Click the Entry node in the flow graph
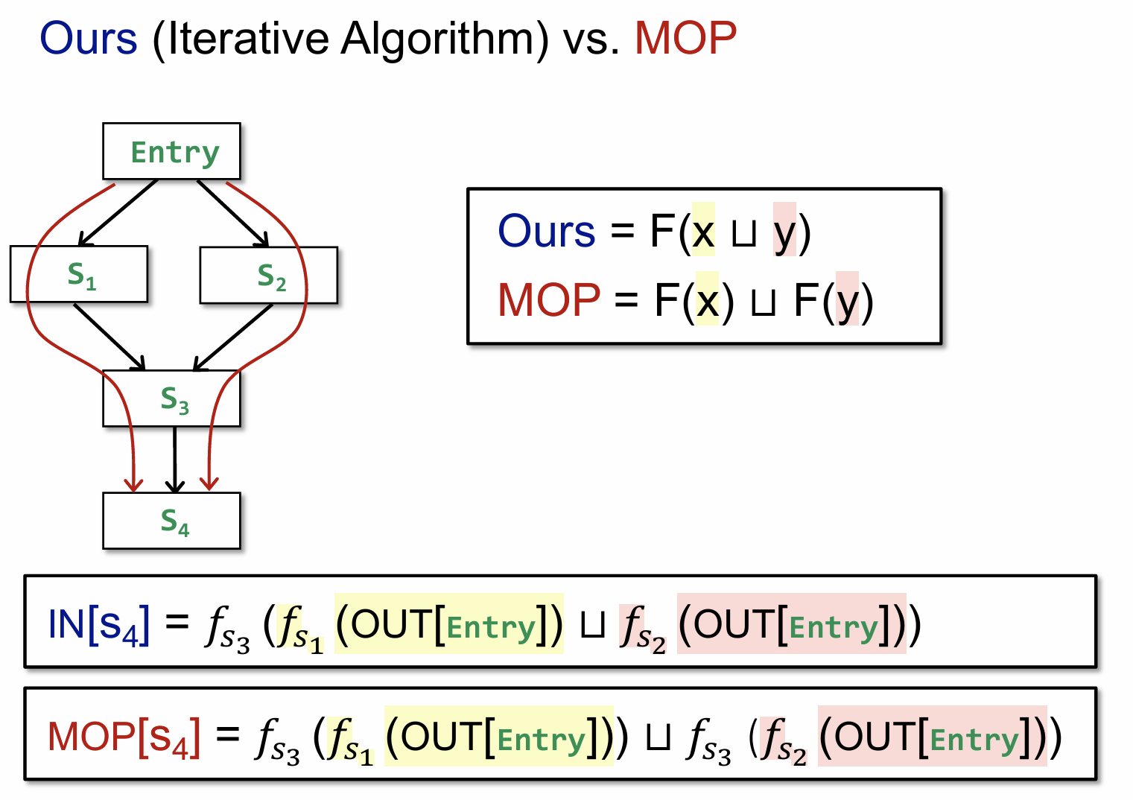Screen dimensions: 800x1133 coord(171,151)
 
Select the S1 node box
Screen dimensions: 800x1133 coord(79,274)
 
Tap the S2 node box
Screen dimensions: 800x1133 coord(269,276)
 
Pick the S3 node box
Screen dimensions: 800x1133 coord(172,399)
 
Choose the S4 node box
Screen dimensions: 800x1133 coord(172,521)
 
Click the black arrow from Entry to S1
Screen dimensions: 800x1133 coord(117,213)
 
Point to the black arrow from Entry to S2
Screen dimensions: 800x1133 coord(232,213)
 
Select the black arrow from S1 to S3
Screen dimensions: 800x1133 coord(109,337)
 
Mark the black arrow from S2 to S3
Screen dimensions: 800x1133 coord(233,337)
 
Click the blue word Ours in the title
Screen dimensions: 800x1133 coord(88,39)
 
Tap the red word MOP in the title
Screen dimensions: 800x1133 coord(685,39)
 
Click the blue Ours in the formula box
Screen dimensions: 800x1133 coord(546,231)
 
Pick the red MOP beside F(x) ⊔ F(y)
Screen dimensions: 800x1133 coord(549,300)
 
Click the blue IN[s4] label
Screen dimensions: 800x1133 coord(98,624)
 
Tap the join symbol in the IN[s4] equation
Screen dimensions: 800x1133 coord(592,626)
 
